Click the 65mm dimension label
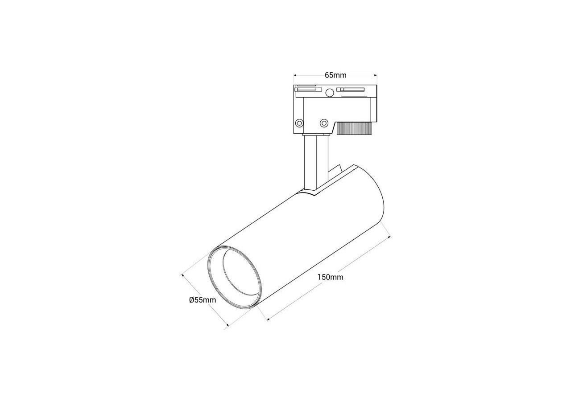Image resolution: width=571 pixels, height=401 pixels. (x=335, y=75)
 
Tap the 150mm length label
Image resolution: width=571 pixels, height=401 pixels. (x=331, y=277)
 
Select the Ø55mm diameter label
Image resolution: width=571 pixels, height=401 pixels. (x=203, y=300)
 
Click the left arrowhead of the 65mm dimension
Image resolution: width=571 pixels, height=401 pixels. (x=295, y=75)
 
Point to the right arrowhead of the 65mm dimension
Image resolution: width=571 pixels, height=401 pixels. (x=376, y=75)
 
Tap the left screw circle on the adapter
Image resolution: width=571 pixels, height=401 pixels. (x=299, y=123)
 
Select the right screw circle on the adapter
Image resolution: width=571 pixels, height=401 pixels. (x=324, y=123)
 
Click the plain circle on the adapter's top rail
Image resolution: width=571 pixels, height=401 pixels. (x=330, y=93)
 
